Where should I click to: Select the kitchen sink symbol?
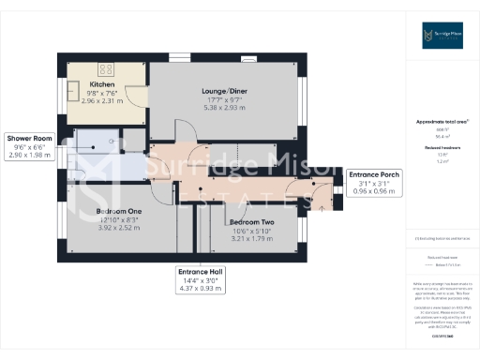coord(74,92)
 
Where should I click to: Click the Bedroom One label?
coord(118,211)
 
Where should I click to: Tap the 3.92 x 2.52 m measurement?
coord(118,226)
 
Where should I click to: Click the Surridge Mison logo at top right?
coord(441,37)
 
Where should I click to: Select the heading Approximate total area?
coord(441,123)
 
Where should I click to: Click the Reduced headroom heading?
coord(441,148)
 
